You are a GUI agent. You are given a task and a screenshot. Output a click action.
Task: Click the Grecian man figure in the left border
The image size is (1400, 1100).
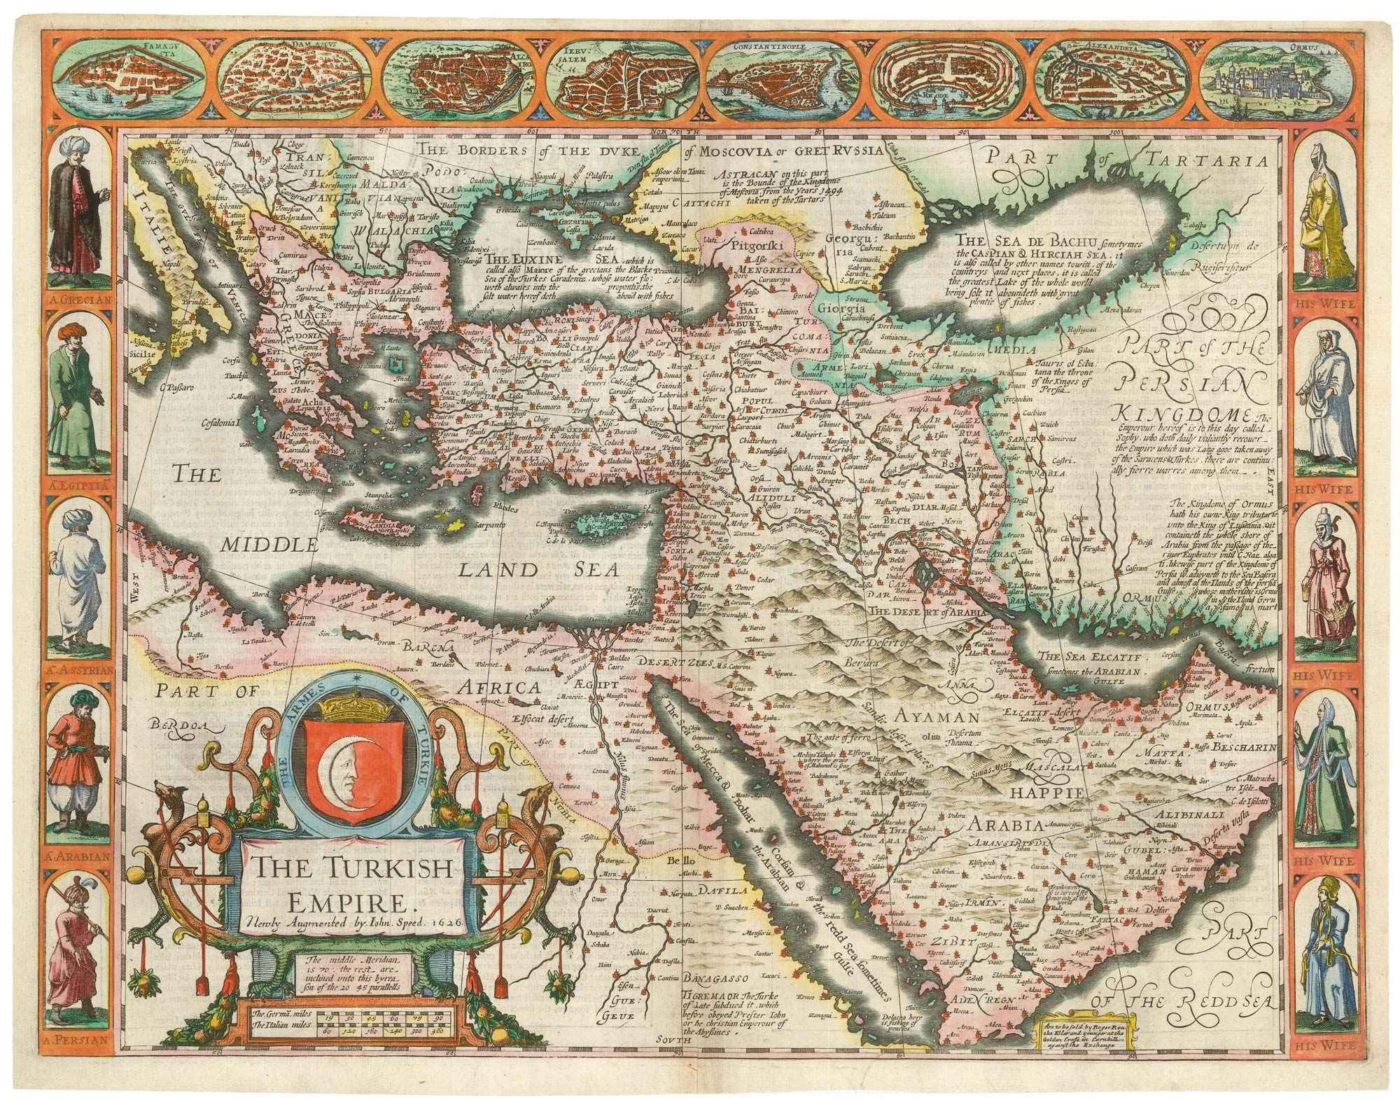click(x=78, y=210)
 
